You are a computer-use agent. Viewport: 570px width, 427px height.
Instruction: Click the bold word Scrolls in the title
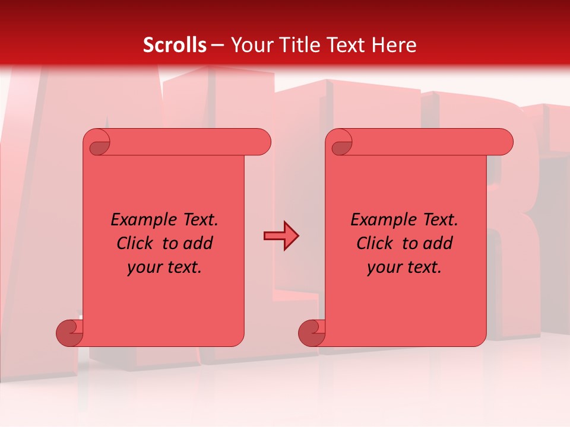175,45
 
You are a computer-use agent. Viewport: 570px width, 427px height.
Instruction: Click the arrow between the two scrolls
280,236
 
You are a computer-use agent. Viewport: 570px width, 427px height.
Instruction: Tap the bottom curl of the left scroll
69,333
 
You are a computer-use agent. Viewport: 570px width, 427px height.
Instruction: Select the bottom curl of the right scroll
312,333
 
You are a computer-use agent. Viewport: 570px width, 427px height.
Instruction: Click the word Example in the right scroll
384,220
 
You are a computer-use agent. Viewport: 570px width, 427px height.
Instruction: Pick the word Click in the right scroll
375,244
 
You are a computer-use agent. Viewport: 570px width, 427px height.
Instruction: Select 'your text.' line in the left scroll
164,267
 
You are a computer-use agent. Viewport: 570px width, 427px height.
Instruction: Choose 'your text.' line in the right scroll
404,267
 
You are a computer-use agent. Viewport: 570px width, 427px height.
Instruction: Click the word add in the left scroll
198,244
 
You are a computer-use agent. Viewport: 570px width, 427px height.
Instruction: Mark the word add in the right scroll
438,244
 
